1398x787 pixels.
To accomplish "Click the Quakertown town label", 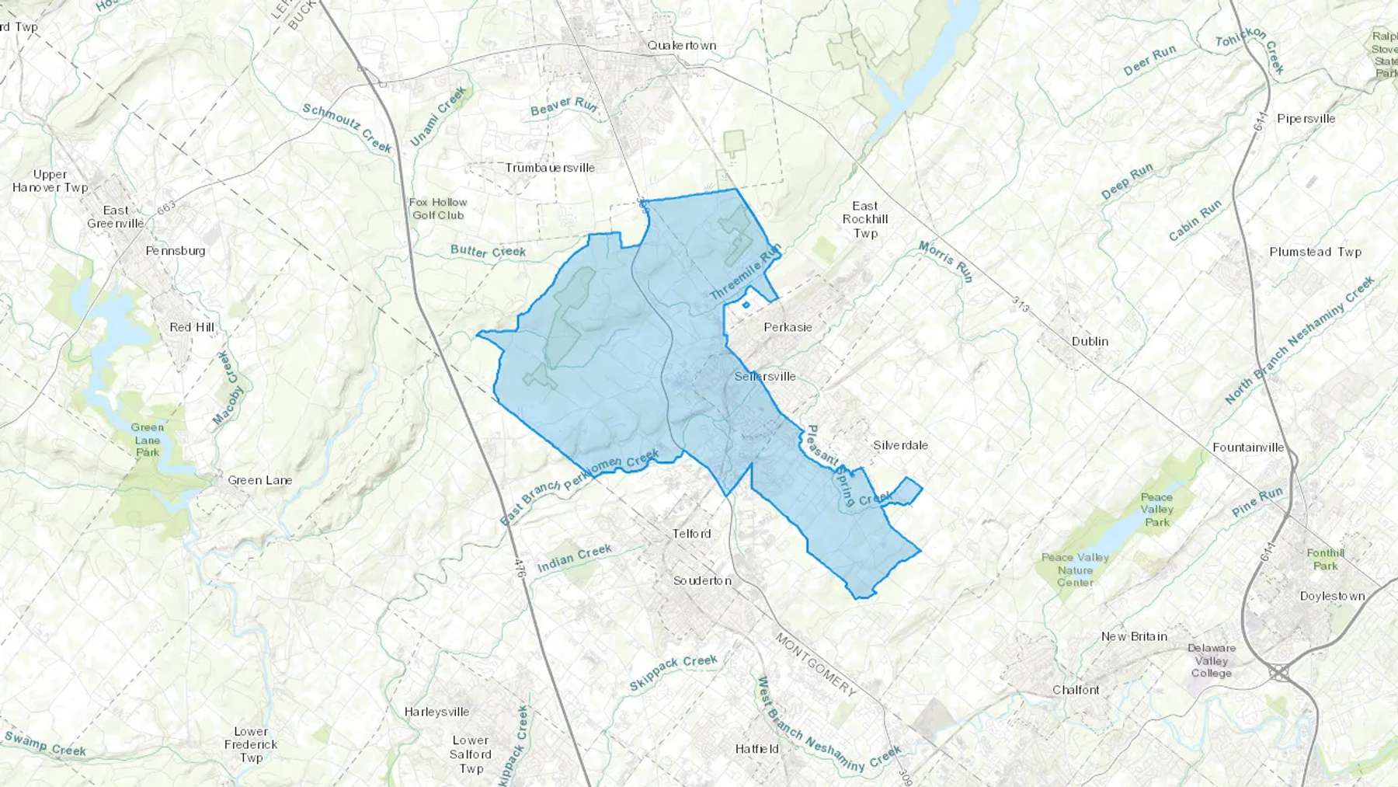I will point(682,46).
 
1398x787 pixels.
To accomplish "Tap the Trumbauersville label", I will point(550,168).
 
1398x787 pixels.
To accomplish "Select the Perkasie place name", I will point(788,327).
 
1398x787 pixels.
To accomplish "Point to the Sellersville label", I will point(765,377).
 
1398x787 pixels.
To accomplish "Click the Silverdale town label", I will point(900,445).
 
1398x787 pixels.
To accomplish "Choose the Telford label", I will point(691,534).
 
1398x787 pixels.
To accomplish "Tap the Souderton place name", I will point(702,580).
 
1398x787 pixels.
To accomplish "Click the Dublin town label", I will point(1090,341).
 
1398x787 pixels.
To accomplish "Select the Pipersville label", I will point(1306,119).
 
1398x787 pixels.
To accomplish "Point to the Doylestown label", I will point(1332,596).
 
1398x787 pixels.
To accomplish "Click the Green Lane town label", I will point(259,480).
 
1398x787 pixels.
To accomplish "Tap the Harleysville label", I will point(436,712).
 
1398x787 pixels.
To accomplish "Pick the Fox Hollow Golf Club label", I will point(438,208).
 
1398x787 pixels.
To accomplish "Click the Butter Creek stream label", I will point(488,251).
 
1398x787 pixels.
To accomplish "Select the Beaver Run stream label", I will point(563,106).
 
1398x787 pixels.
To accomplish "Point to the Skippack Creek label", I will point(673,672).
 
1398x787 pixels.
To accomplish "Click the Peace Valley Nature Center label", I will point(1075,569).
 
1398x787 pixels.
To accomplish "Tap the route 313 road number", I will point(1021,305).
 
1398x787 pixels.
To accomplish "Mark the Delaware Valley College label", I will point(1211,660).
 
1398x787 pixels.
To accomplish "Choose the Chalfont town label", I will point(1076,690).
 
